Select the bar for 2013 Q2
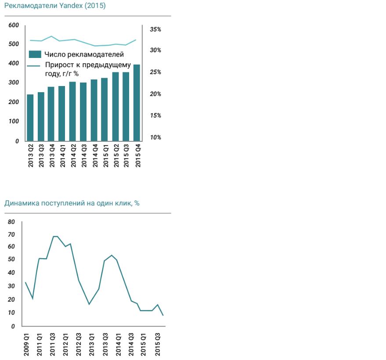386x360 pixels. click(x=30, y=117)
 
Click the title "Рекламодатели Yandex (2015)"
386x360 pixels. click(x=54, y=7)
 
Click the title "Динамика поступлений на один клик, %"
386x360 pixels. click(x=72, y=203)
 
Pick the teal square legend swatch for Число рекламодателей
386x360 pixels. click(x=35, y=54)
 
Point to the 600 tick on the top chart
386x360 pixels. click(x=14, y=25)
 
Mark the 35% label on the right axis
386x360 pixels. click(x=155, y=29)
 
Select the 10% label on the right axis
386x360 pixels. click(x=155, y=137)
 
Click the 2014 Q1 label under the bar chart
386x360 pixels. click(x=62, y=156)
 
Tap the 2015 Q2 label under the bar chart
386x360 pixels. click(x=116, y=156)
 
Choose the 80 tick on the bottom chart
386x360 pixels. click(x=11, y=222)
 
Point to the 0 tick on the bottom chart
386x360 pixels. click(x=13, y=327)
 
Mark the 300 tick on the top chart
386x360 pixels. click(x=14, y=83)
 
